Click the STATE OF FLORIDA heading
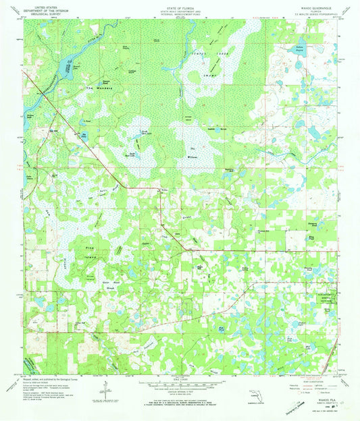[x=179, y=6]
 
